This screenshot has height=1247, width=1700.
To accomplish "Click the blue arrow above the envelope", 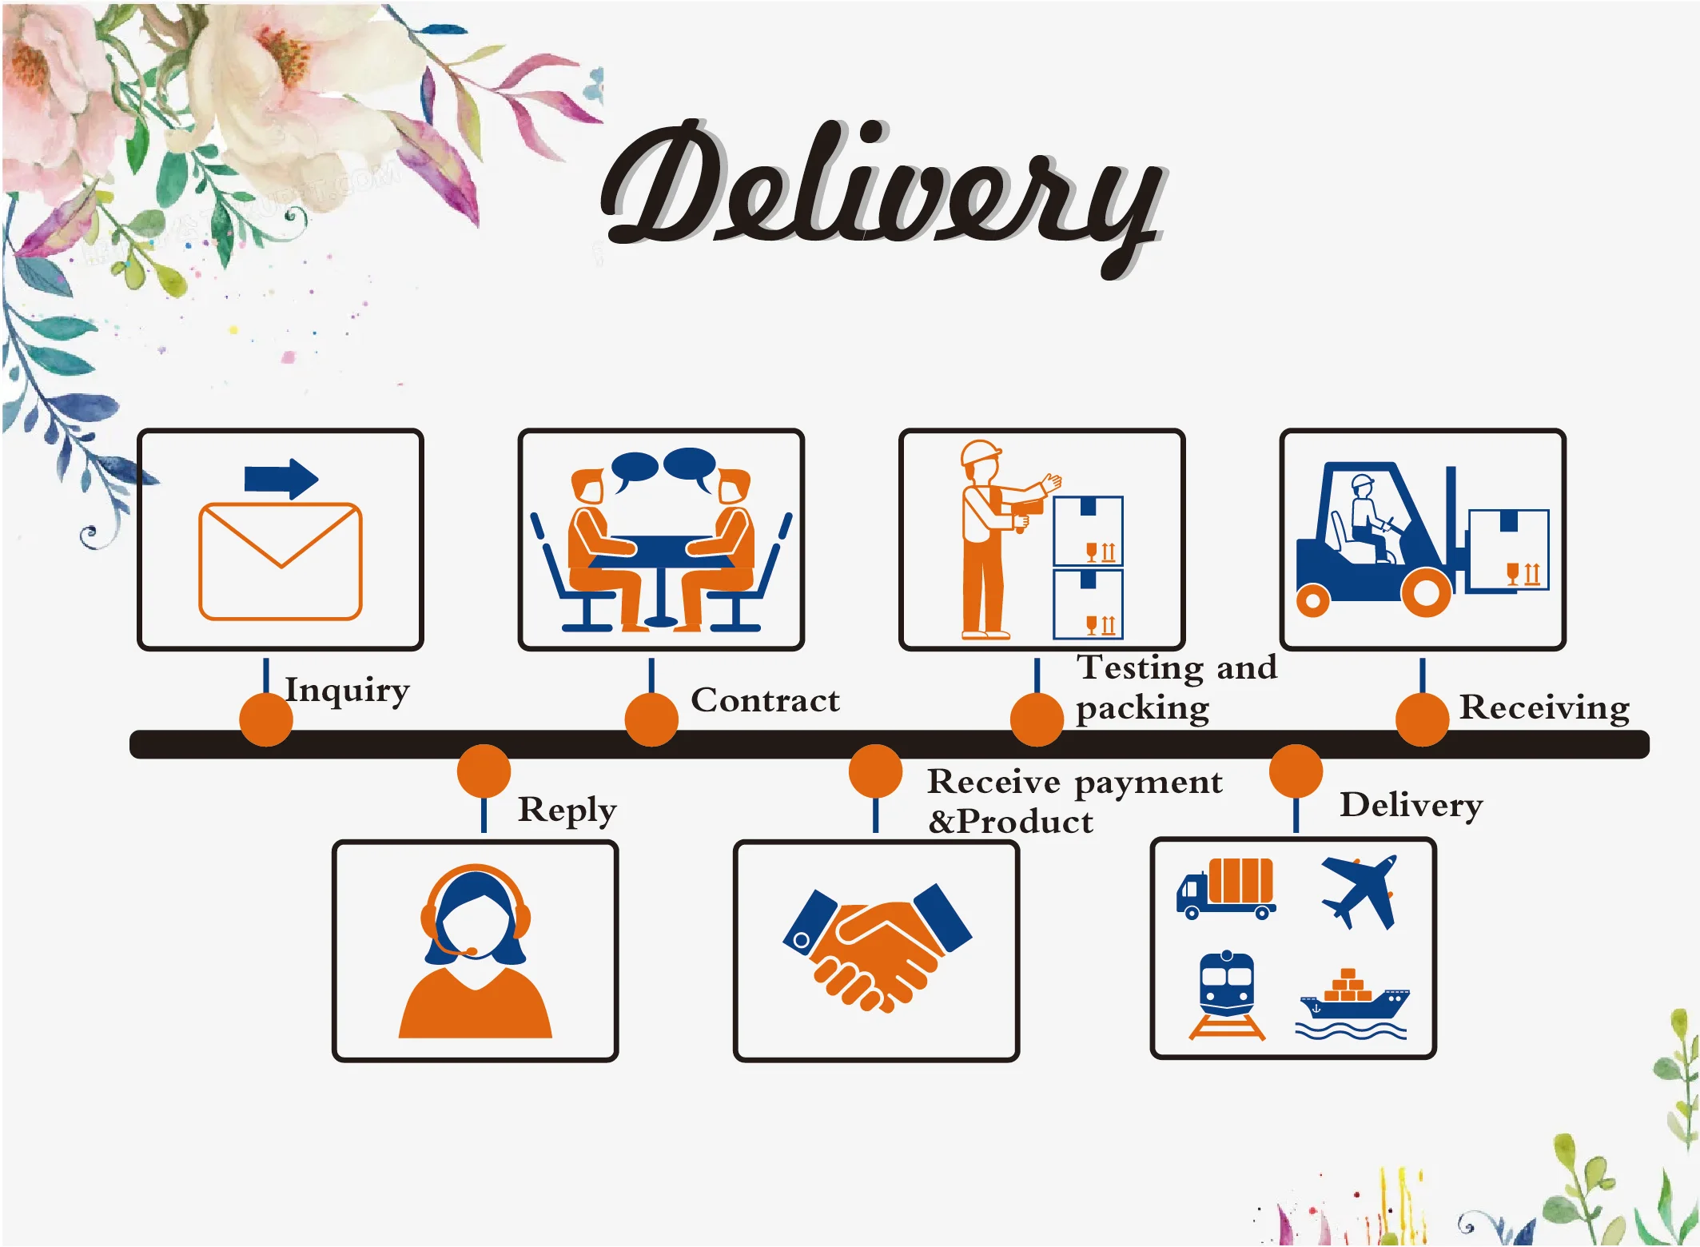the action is click(x=281, y=479).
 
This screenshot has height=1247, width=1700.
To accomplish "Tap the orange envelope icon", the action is click(x=281, y=561).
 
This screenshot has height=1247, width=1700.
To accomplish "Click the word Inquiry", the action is click(x=348, y=691).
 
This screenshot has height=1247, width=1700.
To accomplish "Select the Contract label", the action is click(x=766, y=700).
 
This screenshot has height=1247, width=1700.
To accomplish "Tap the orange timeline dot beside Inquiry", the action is click(x=266, y=719).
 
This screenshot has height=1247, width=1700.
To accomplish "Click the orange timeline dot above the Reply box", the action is click(x=484, y=771).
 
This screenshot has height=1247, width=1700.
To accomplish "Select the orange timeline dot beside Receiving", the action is click(x=1423, y=719).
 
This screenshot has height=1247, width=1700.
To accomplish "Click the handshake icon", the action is click(x=878, y=948).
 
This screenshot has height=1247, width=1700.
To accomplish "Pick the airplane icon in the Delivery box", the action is click(x=1360, y=891).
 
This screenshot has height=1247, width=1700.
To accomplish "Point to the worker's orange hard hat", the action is click(x=981, y=452).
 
